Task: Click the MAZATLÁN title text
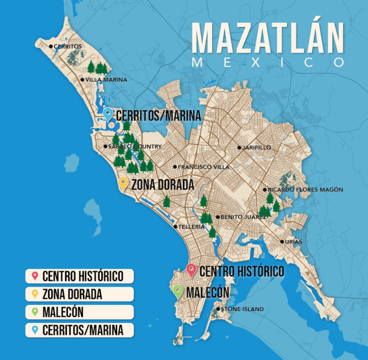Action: pos(268,38)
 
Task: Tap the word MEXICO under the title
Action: pos(268,62)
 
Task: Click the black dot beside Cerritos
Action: pos(51,46)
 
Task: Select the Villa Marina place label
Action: pos(106,80)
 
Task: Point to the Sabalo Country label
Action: pos(135,146)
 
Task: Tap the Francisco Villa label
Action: pos(204,167)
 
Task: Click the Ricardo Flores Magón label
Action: pos(305,190)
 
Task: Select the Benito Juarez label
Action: pos(243,217)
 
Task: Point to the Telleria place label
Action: pos(191,227)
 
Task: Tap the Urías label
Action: pos(294,242)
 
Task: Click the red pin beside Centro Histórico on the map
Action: pos(191,270)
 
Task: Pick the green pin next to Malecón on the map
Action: pos(177,292)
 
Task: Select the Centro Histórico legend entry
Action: pos(80,276)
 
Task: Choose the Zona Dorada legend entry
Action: pos(80,294)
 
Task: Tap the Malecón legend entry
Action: pos(80,312)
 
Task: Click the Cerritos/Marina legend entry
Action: pos(80,330)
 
